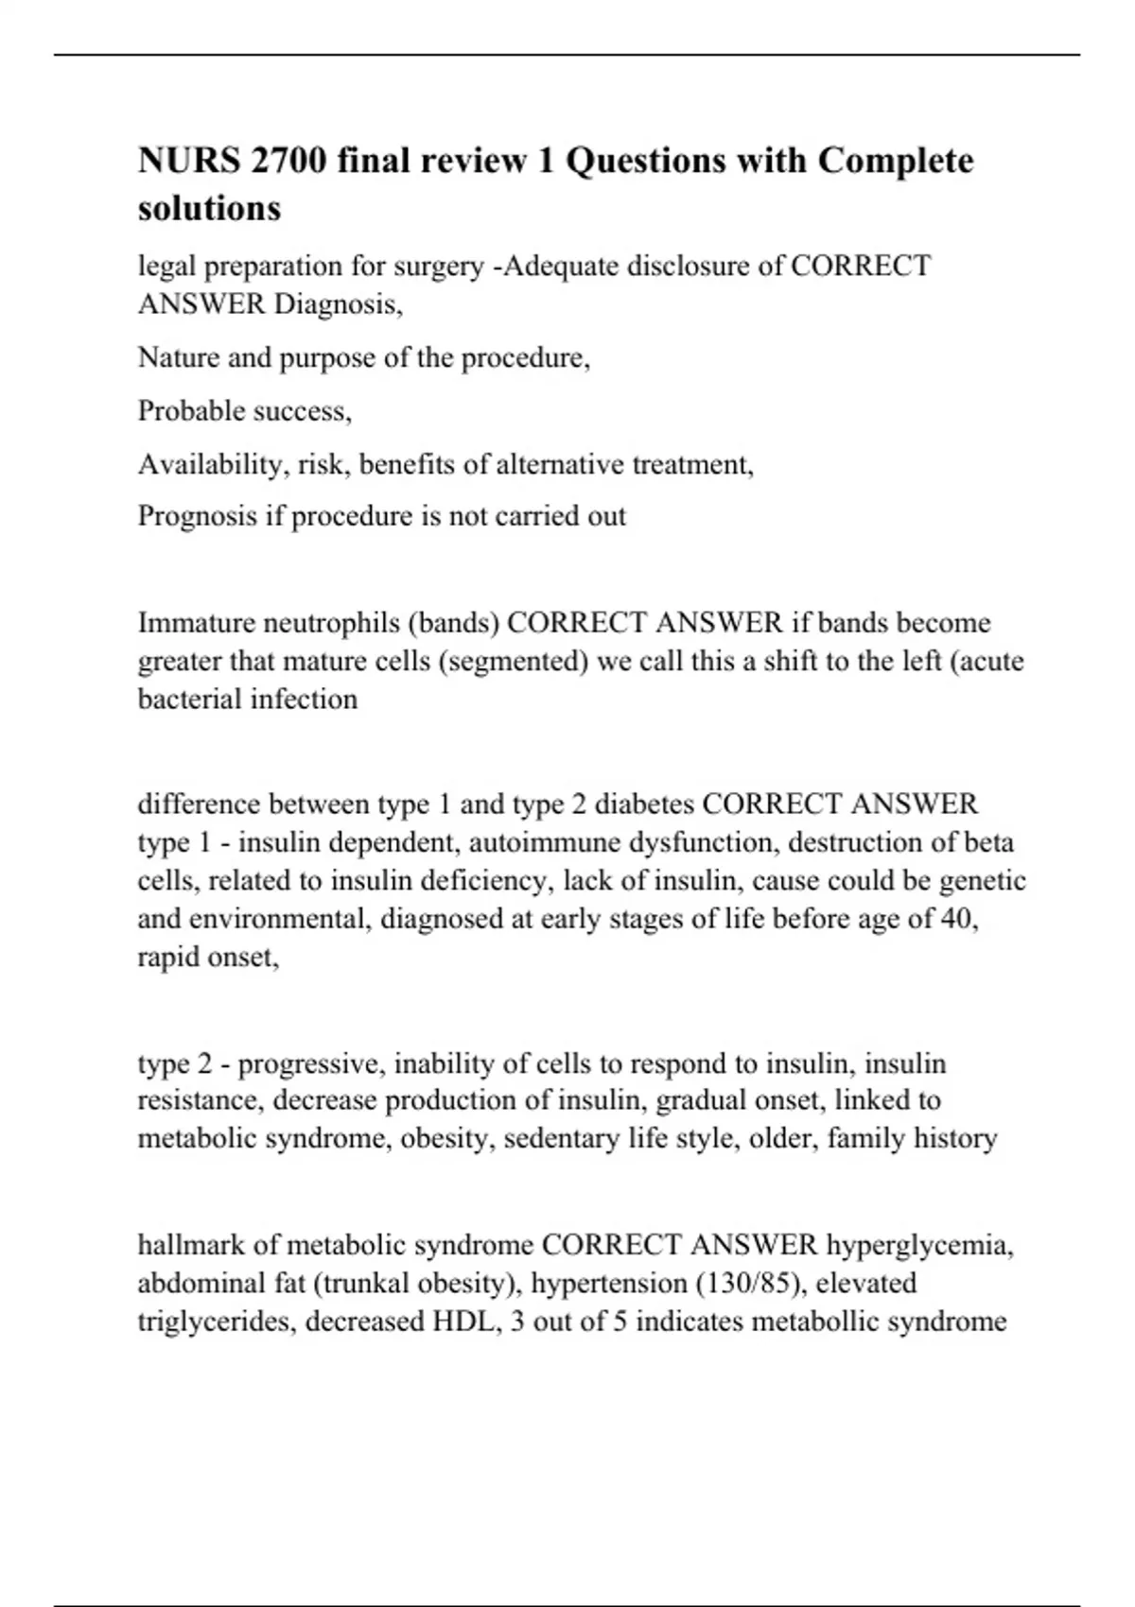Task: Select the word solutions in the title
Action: pos(209,208)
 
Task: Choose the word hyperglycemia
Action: pos(919,1245)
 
